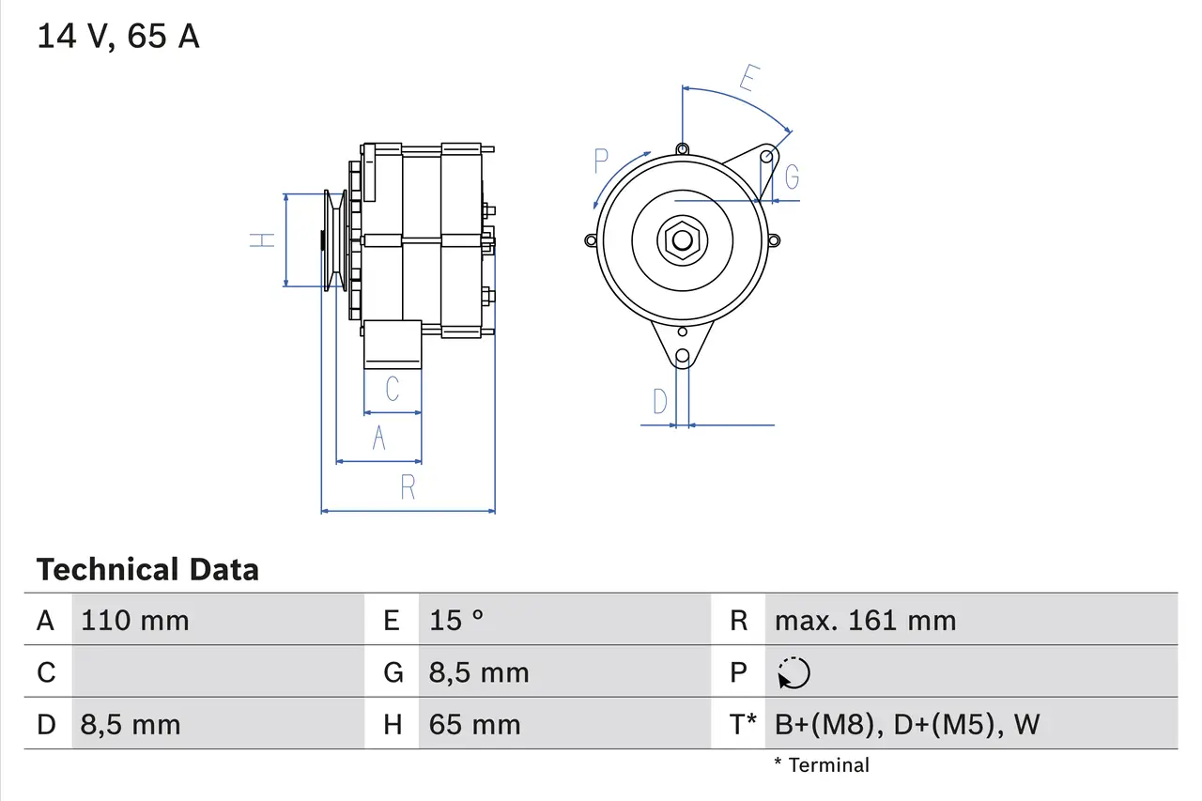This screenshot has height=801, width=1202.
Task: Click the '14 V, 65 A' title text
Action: coord(118,37)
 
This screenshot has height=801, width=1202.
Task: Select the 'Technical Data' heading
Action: coord(147,569)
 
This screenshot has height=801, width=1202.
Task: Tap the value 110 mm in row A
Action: coord(135,621)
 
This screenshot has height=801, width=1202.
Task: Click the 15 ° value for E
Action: coord(456,621)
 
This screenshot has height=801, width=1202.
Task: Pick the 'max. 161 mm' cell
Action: coord(865,621)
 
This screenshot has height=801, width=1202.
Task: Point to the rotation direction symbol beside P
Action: coord(794,673)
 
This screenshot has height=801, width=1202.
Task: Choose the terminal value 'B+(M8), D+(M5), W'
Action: coord(907,724)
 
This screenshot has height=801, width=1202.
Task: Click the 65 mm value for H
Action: coord(474,724)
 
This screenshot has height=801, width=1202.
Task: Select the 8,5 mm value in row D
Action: coord(131,724)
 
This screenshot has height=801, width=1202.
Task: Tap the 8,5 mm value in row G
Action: coord(479,673)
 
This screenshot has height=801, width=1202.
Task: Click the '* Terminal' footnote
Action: coord(822,765)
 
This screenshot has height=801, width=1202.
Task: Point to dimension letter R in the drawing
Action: coord(408,487)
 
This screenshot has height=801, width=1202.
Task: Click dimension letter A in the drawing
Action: coord(378,438)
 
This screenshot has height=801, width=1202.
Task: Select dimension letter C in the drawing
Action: coord(393,389)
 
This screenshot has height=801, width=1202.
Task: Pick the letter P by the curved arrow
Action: coord(602,162)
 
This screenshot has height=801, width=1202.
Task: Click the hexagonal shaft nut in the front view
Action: coord(681,240)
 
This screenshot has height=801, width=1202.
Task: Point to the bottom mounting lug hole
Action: coord(683,357)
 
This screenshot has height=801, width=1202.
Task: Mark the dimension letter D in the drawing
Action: coord(660,402)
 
